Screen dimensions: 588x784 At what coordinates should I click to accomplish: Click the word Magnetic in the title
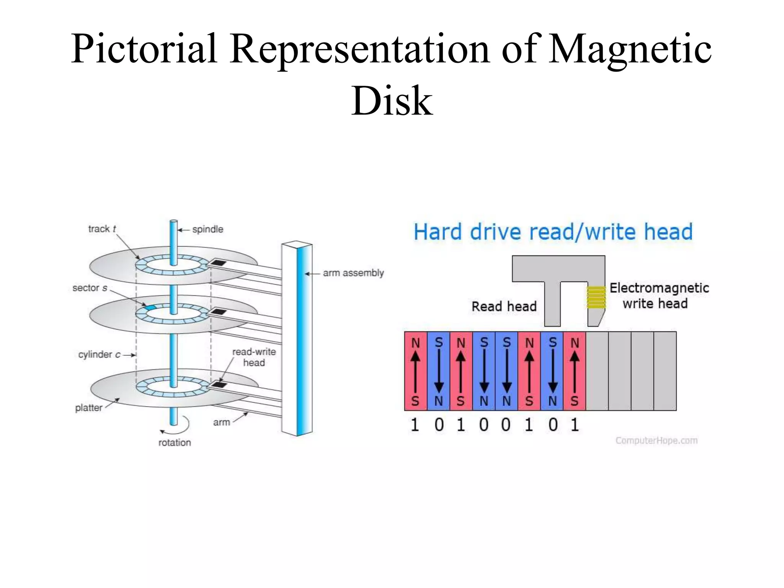pyautogui.click(x=630, y=50)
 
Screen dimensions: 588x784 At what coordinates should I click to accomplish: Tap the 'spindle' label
pyautogui.click(x=207, y=229)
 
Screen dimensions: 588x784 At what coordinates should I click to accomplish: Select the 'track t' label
pyautogui.click(x=102, y=229)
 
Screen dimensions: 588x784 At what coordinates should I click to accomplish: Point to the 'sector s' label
pyautogui.click(x=90, y=288)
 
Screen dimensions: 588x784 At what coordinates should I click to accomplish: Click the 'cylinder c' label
pyautogui.click(x=99, y=355)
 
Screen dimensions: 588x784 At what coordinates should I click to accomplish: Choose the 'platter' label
pyautogui.click(x=88, y=408)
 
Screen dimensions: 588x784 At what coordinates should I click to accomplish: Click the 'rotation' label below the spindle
pyautogui.click(x=175, y=443)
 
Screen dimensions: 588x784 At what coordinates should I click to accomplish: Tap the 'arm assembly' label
pyautogui.click(x=353, y=273)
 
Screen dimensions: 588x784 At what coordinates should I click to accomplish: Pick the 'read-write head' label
pyautogui.click(x=254, y=357)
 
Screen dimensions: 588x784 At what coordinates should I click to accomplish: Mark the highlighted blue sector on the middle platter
pyautogui.click(x=150, y=307)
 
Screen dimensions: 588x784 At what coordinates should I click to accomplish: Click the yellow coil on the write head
pyautogui.click(x=596, y=297)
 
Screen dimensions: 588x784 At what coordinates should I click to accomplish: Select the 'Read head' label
pyautogui.click(x=504, y=307)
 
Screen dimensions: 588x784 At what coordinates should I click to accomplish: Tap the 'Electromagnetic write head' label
pyautogui.click(x=659, y=296)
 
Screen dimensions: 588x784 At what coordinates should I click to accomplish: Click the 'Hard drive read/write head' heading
pyautogui.click(x=553, y=232)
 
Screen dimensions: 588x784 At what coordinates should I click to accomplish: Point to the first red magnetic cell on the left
pyautogui.click(x=416, y=371)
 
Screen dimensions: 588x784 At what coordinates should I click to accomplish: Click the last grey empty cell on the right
pyautogui.click(x=665, y=371)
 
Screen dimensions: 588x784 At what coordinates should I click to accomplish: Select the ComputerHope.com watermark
pyautogui.click(x=656, y=441)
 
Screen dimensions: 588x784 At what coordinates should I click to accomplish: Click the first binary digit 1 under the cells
pyautogui.click(x=415, y=425)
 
